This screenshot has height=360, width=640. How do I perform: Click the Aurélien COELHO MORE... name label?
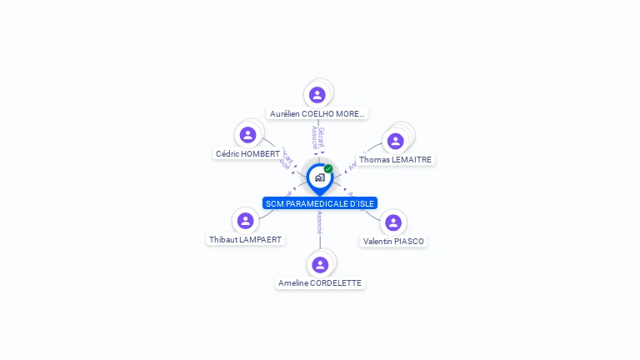317,113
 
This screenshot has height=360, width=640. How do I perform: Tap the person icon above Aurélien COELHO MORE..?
317,95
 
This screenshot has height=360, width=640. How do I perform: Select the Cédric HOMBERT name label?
247,153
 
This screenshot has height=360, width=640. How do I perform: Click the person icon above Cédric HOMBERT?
247,135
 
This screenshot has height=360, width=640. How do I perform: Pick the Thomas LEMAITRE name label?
395,159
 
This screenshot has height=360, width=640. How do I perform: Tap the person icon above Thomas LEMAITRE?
396,141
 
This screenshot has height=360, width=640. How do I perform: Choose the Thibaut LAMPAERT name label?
246,239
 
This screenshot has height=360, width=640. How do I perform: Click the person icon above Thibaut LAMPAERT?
245,221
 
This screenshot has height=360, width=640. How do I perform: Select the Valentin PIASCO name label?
393,241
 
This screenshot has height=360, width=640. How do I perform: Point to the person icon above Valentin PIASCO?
393,222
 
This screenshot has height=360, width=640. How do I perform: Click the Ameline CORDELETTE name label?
320,283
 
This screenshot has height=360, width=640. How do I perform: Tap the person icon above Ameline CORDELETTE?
320,265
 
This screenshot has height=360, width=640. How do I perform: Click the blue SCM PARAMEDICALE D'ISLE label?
320,203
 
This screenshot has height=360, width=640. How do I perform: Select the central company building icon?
319,177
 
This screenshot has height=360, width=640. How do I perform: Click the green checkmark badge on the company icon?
328,169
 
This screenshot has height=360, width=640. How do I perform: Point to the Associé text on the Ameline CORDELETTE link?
320,222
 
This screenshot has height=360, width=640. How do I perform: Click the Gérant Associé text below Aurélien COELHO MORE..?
317,138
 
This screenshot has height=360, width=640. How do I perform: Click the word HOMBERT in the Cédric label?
261,153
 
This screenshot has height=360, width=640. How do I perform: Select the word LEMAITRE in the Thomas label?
411,159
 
